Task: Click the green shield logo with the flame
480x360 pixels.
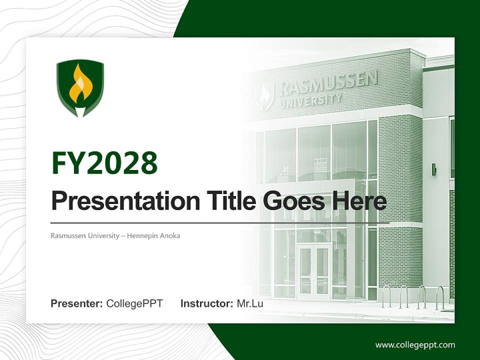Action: point(80,87)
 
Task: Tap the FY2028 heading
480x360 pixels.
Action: point(104,162)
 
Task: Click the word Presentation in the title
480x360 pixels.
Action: point(118,201)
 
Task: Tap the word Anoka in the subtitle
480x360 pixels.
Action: point(170,235)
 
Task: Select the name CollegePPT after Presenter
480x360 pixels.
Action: point(134,303)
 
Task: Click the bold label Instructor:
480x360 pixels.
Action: point(206,303)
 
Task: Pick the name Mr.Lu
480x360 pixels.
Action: point(250,303)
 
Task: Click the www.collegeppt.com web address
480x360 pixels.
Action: point(415,345)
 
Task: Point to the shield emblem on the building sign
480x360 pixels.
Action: point(265,95)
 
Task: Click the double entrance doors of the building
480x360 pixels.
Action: point(314,270)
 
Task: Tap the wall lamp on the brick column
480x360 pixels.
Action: point(434,169)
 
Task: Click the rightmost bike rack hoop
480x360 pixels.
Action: point(440,297)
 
